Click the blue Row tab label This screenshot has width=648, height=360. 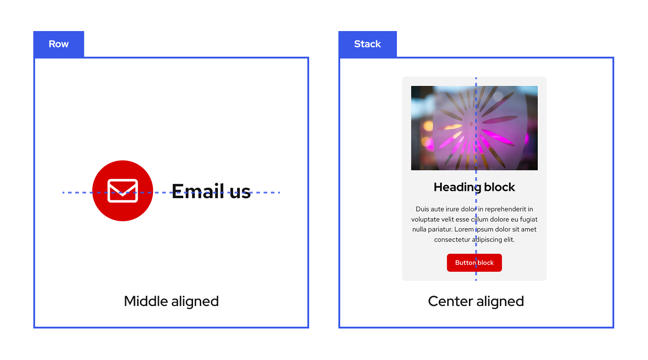click(x=58, y=44)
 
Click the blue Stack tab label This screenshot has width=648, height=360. click(x=367, y=44)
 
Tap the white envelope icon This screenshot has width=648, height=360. click(x=122, y=191)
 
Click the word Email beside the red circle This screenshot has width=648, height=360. click(x=198, y=191)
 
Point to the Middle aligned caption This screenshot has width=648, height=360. click(x=171, y=301)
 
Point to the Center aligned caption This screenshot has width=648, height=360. click(x=476, y=301)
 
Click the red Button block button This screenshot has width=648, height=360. click(x=474, y=263)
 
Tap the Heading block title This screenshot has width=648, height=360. click(x=474, y=187)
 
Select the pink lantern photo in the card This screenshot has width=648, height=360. click(x=474, y=128)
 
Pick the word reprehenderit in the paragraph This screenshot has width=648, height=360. click(x=508, y=209)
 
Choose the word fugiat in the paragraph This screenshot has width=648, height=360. click(x=528, y=220)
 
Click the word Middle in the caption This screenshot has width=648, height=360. click(x=142, y=301)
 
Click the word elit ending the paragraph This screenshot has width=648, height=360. click(x=508, y=240)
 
